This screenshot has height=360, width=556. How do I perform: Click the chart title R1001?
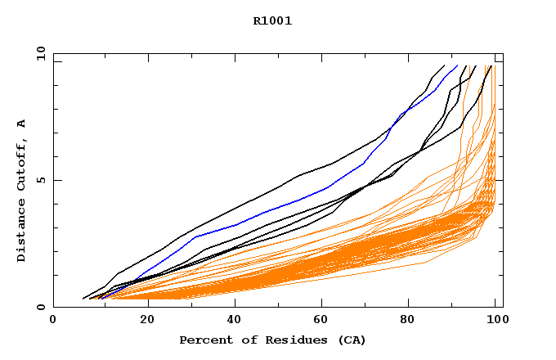coord(272,21)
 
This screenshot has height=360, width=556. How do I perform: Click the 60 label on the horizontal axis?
coord(322,321)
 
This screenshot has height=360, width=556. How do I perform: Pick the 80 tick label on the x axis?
coord(412,321)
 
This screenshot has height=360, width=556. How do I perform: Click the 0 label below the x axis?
coord(53,321)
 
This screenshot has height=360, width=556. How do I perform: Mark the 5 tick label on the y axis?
coord(40,180)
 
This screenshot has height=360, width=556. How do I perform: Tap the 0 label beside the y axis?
coord(40,307)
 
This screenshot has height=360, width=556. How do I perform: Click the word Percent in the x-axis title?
coord(204,340)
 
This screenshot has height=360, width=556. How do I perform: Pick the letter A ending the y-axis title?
coord(21,124)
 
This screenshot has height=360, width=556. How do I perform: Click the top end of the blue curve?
coord(457,65)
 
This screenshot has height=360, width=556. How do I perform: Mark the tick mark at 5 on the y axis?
coord(56,180)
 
